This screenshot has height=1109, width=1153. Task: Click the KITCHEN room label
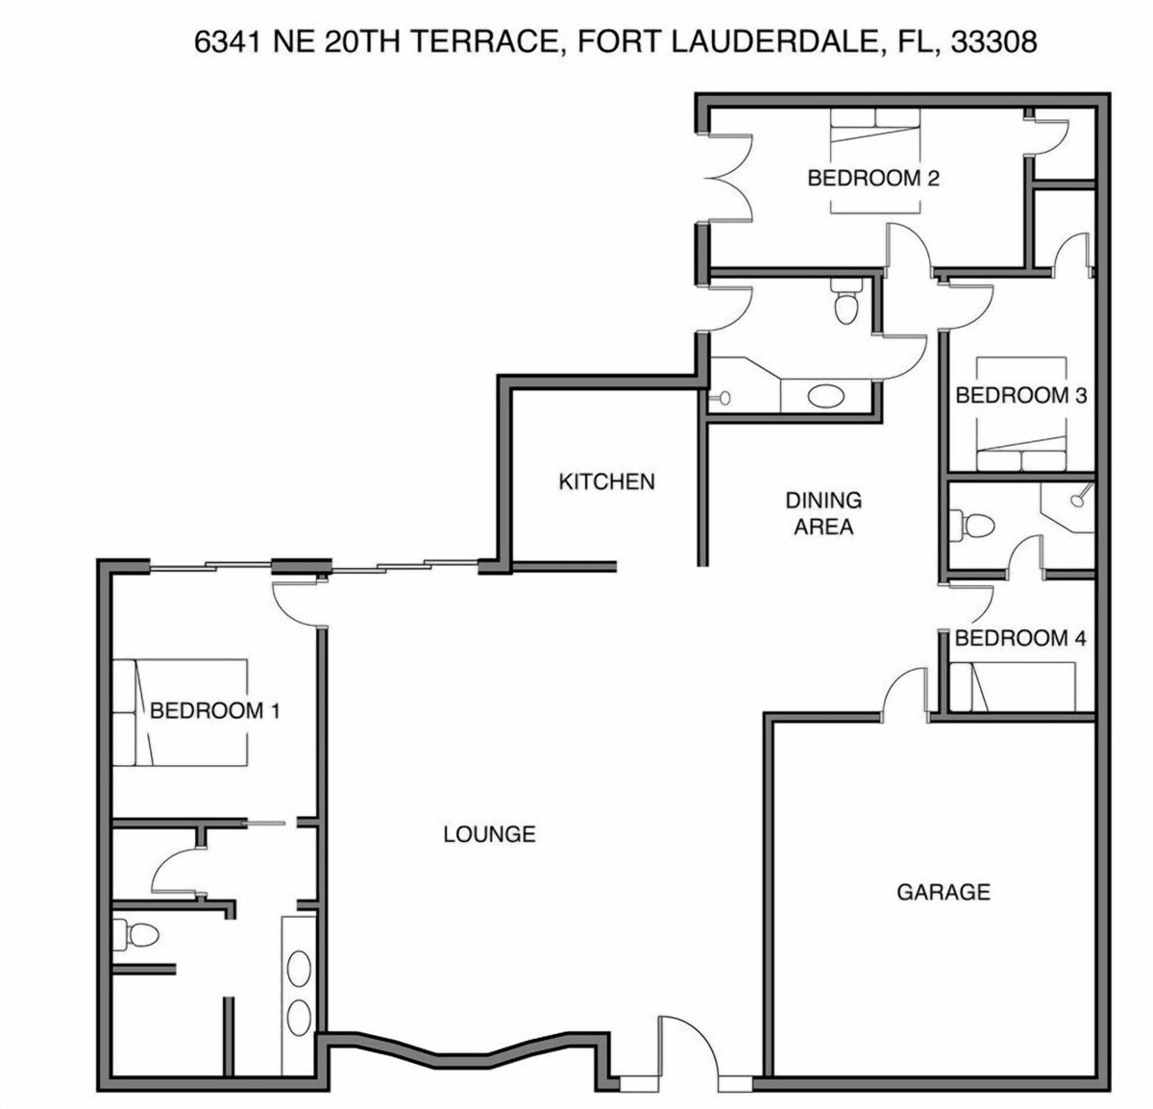[606, 481]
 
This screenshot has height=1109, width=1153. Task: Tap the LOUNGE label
[489, 834]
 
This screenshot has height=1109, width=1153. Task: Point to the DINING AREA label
[823, 513]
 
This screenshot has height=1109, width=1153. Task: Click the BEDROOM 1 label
[214, 710]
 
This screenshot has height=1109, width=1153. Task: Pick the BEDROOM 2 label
[873, 178]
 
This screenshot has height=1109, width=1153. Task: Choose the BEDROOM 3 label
[1020, 395]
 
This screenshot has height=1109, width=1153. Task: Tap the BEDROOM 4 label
[1020, 638]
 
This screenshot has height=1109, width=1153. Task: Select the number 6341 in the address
[228, 42]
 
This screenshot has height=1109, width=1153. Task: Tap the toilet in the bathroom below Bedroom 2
[846, 301]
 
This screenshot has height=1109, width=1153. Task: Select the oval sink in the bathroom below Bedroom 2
[826, 396]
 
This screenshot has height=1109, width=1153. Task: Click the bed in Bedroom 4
[1012, 687]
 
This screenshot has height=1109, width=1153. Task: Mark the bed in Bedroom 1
[180, 712]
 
